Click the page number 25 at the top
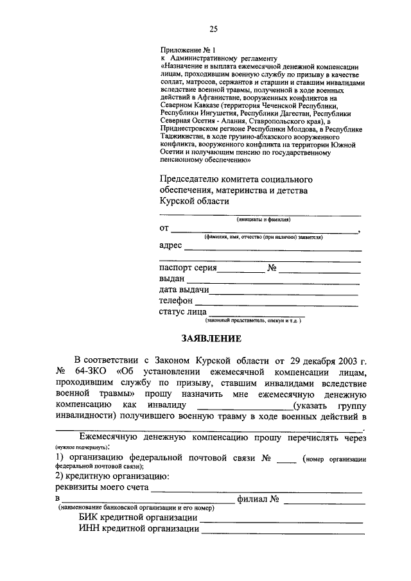coord(213,28)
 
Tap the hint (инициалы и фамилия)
coord(260,220)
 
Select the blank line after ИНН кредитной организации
coord(283,531)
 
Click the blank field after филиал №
coord(322,500)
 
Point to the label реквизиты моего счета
coord(102,488)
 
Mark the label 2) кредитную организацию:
coord(112,477)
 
